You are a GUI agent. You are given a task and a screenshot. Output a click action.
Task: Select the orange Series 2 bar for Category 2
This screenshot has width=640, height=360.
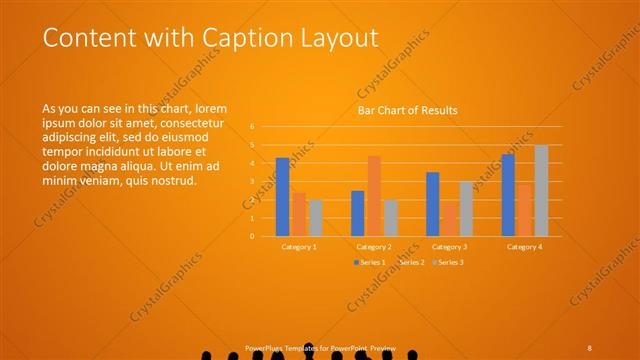tap(374, 196)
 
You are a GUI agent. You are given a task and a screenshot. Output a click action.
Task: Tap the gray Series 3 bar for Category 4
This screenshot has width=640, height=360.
tap(541, 190)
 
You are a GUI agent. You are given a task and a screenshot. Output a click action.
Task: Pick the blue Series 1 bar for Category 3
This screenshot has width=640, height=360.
tap(432, 204)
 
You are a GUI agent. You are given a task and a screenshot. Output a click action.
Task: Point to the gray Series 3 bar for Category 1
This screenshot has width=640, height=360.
tap(315, 218)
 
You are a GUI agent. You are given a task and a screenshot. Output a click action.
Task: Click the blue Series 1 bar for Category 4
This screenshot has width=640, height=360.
tap(508, 195)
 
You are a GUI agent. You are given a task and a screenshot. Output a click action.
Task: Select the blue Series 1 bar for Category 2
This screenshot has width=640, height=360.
tap(357, 213)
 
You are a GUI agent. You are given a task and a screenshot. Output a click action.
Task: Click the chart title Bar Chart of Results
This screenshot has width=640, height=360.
tap(408, 110)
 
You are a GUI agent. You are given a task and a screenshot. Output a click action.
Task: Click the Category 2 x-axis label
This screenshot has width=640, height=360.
tap(373, 246)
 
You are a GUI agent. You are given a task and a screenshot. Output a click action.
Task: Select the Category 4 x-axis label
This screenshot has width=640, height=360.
tap(524, 246)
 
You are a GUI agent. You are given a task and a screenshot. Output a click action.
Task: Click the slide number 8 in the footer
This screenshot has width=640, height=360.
tap(590, 347)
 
